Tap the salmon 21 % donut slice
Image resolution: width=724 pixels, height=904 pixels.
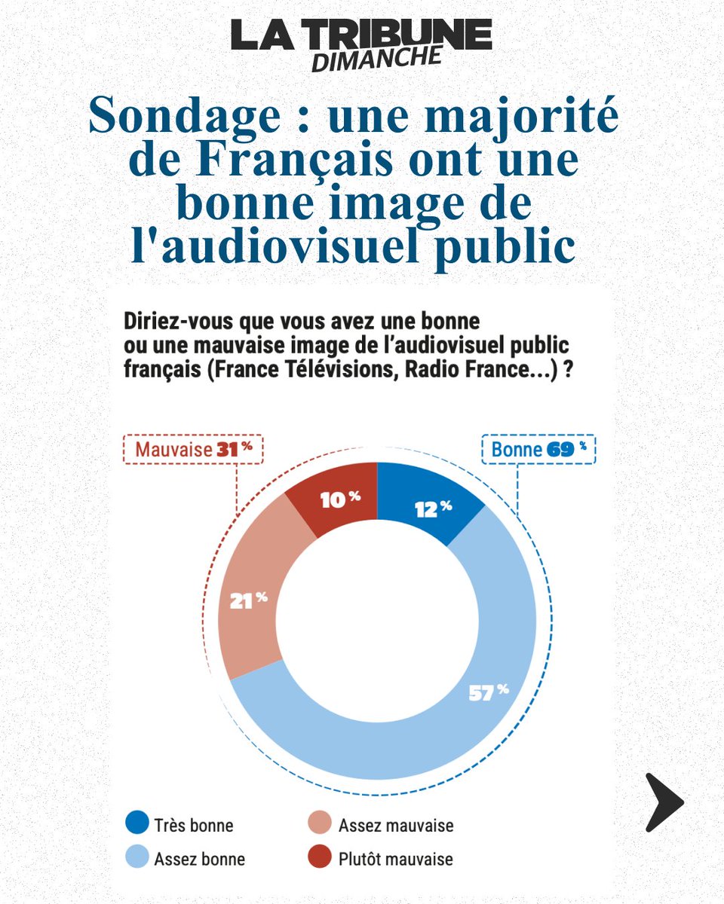tap(253, 603)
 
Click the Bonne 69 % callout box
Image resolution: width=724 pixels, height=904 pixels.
tap(538, 450)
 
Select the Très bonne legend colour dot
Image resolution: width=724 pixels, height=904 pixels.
tap(137, 823)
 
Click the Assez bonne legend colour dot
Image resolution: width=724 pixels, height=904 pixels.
tap(137, 857)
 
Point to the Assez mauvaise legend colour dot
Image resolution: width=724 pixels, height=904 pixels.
tap(321, 823)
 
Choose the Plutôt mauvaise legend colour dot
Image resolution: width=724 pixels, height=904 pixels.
tap(321, 857)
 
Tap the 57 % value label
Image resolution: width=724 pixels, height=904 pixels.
tap(489, 692)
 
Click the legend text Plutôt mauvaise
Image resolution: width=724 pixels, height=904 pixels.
tap(395, 858)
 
